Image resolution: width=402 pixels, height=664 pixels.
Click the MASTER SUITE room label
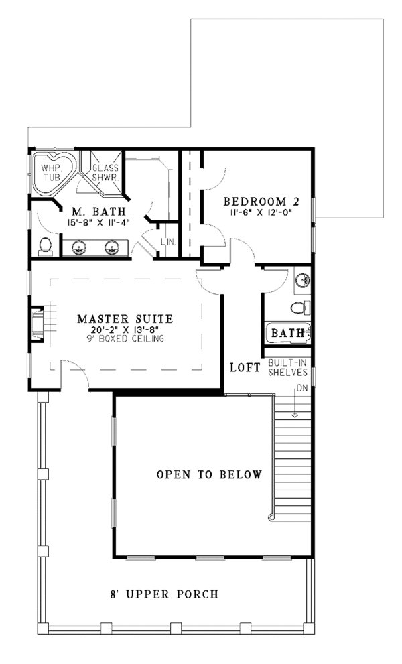125,318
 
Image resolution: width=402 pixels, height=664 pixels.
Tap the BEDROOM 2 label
262,201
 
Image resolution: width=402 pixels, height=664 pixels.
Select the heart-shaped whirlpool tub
54,172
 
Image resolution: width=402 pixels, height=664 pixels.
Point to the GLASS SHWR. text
105,173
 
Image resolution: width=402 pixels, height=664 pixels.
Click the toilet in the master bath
45,247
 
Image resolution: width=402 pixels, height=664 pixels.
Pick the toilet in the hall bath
300,307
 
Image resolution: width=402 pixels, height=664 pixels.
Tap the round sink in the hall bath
302,279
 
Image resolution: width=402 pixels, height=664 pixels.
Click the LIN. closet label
169,242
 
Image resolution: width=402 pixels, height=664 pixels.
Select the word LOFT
245,368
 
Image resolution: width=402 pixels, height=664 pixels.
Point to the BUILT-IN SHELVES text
287,368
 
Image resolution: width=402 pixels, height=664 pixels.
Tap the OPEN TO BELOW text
209,474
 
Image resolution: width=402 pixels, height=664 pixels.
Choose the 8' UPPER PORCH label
164,594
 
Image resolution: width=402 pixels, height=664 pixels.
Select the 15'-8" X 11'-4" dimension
98,222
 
